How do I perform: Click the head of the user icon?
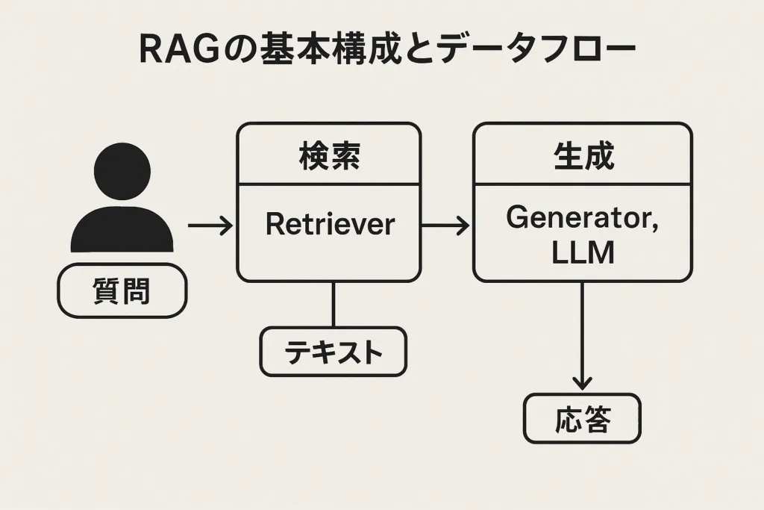click(x=122, y=172)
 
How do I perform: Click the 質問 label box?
click(x=122, y=290)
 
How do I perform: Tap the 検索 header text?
click(x=329, y=158)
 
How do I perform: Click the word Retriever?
click(x=329, y=224)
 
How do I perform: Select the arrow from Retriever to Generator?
click(x=445, y=224)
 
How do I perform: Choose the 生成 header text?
click(x=583, y=158)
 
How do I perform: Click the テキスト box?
click(x=333, y=352)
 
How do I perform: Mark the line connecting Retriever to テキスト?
click(x=333, y=304)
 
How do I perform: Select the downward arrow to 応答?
click(x=582, y=336)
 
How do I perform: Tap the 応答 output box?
click(x=582, y=419)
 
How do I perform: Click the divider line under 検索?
click(x=329, y=184)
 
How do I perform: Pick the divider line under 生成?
click(x=583, y=184)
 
